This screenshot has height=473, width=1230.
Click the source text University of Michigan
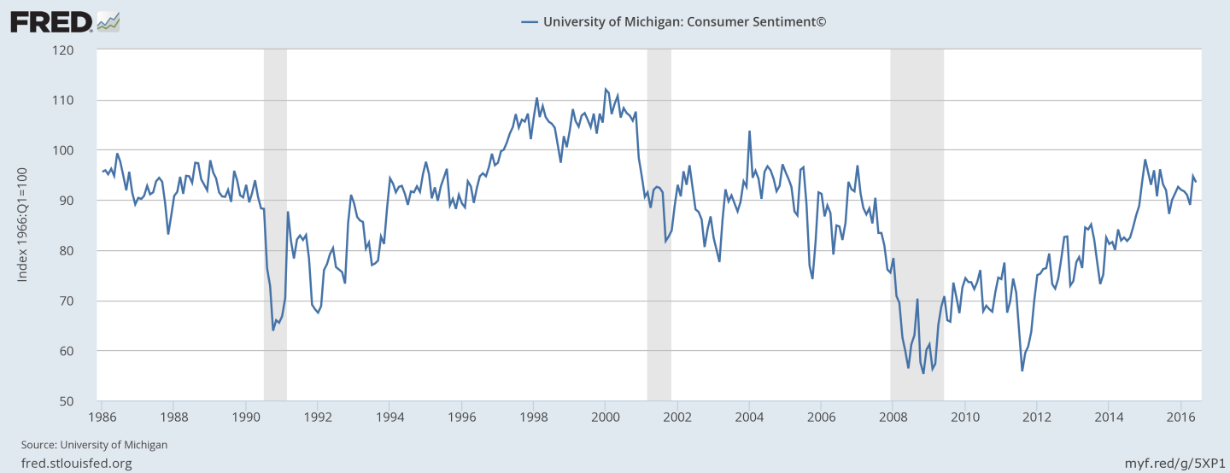[94, 445]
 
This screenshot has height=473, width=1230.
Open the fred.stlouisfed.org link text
[77, 463]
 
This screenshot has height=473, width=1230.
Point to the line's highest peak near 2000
[606, 89]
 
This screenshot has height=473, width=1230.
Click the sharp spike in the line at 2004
[749, 131]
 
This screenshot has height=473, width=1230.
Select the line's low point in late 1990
[273, 330]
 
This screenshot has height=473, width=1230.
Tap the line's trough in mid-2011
[1022, 371]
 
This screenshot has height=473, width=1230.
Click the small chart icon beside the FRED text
[108, 21]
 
